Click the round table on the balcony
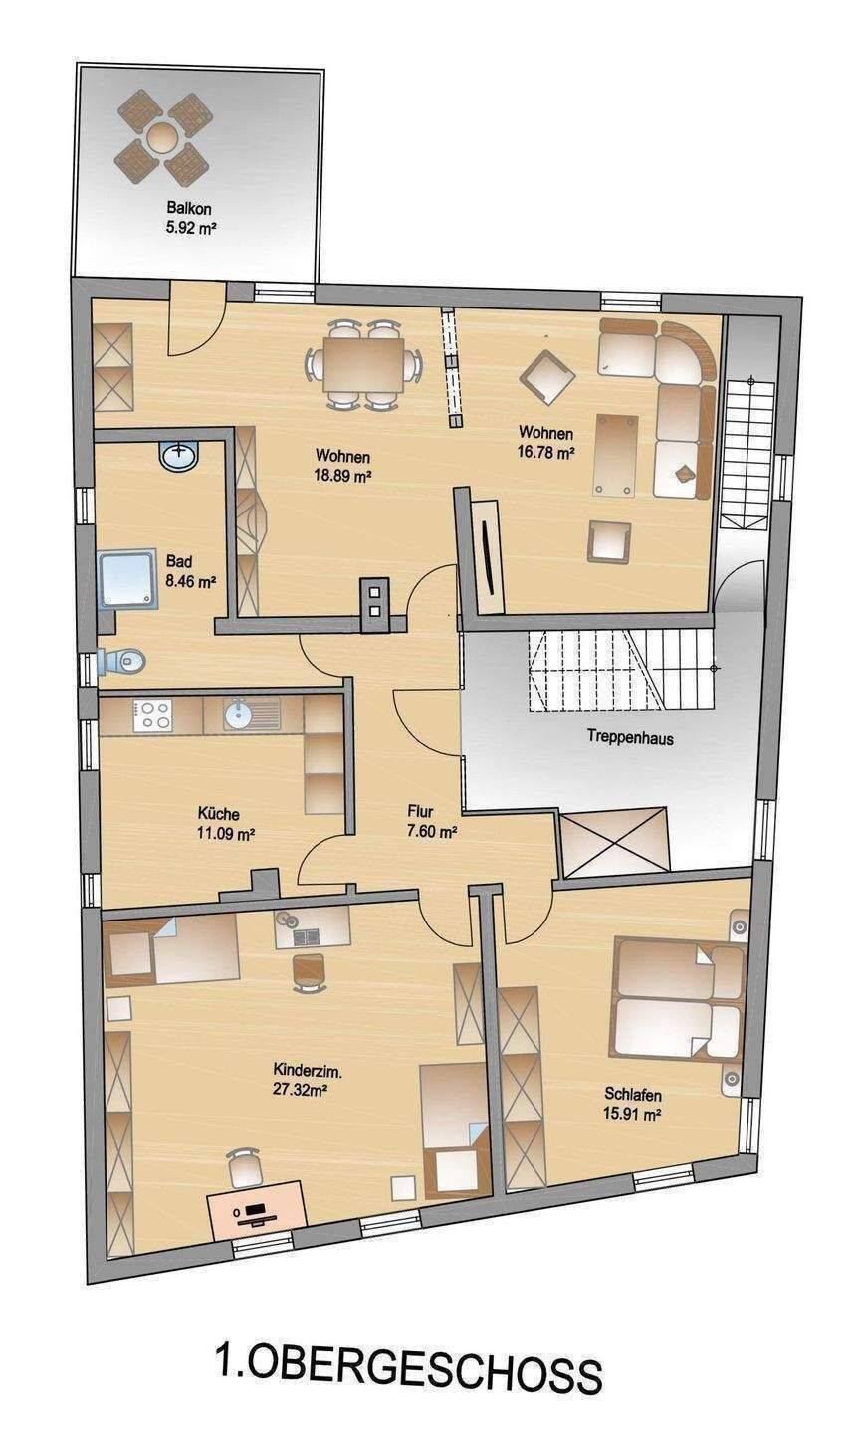[x=163, y=135]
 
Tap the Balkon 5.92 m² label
[x=189, y=217]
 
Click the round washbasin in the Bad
[x=179, y=456]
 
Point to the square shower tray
[x=127, y=577]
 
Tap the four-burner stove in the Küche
[x=152, y=715]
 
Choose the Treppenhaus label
[x=630, y=738]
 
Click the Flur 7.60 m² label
[x=432, y=821]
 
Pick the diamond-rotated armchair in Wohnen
[x=546, y=377]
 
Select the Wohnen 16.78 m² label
[x=545, y=443]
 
